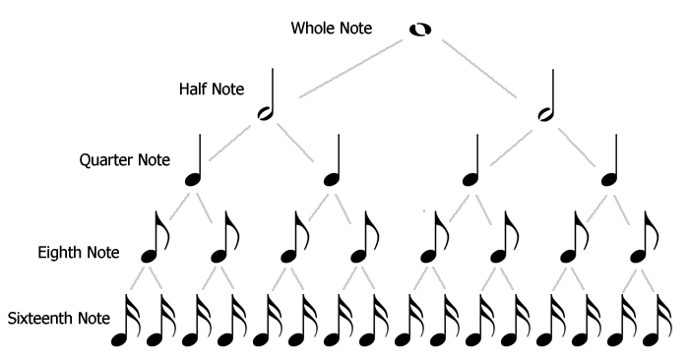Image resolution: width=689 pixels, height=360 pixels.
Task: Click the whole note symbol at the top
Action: pyautogui.click(x=420, y=30)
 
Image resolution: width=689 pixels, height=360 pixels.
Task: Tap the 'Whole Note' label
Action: pyautogui.click(x=331, y=28)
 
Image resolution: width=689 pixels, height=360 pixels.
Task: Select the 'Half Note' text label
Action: pyautogui.click(x=210, y=90)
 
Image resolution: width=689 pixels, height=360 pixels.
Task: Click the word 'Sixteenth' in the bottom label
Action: pyautogui.click(x=35, y=320)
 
